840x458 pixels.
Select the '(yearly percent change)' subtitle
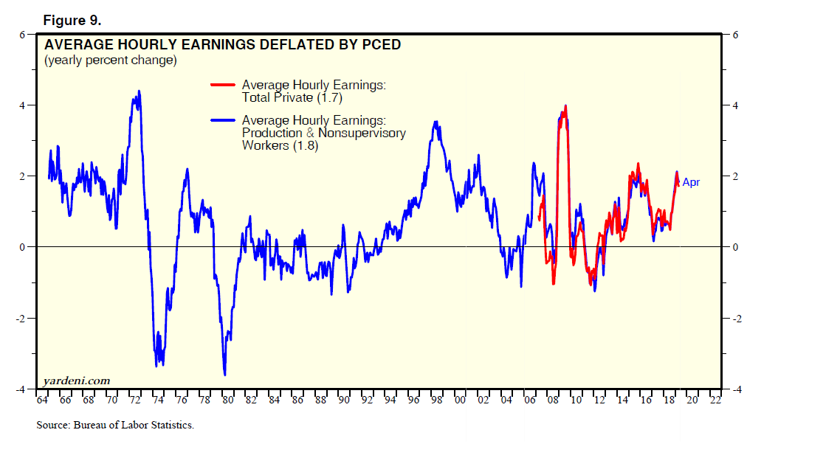click(x=111, y=60)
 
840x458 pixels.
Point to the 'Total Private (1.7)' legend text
click(x=292, y=97)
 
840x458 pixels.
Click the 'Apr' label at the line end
click(x=690, y=182)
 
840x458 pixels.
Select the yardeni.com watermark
click(x=77, y=381)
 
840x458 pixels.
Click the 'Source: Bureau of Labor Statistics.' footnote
click(x=115, y=426)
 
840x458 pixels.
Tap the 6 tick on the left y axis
click(x=23, y=35)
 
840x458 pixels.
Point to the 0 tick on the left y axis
click(x=23, y=247)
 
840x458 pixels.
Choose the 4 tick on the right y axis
click(x=735, y=105)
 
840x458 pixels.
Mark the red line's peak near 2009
click(x=565, y=105)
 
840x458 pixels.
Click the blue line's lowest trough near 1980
click(x=224, y=375)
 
